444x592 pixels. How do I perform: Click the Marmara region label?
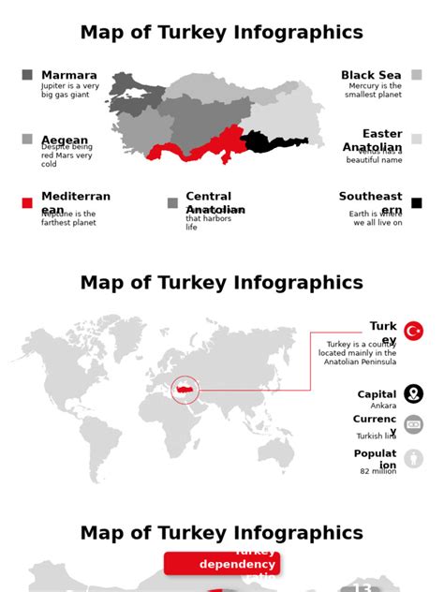69,75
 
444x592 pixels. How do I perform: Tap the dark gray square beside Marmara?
27,75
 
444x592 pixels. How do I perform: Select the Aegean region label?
65,141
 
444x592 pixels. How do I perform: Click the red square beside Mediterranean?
27,202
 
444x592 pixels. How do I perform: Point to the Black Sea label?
371,75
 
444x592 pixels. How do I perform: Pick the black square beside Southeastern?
417,202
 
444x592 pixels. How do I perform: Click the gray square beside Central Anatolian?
172,202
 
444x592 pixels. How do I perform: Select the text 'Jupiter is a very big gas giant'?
70,90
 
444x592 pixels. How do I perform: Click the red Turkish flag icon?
413,331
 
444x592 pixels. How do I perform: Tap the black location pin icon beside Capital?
413,394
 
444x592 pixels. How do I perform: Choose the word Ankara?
383,406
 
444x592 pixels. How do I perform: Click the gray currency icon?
413,424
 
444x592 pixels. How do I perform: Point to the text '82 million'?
377,471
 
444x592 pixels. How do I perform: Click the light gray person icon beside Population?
413,459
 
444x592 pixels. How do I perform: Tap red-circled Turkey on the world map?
185,390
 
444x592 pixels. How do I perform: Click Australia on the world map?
275,453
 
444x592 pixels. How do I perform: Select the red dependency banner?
222,563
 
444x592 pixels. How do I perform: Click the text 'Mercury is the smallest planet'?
373,90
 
